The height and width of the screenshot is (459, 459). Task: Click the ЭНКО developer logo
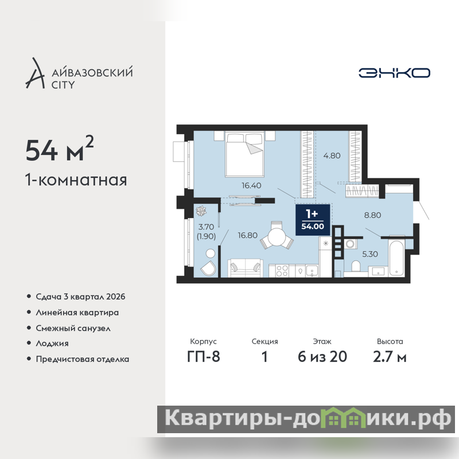click(394, 73)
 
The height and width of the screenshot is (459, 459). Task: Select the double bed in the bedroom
click(245, 154)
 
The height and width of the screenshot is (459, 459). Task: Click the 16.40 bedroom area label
click(251, 185)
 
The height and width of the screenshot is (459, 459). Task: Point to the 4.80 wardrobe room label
click(332, 155)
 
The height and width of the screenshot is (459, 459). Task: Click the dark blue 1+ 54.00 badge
click(313, 220)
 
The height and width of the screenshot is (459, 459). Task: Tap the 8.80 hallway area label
click(372, 215)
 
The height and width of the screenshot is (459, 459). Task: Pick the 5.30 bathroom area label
click(370, 254)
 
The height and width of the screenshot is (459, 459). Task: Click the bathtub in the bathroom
click(396, 258)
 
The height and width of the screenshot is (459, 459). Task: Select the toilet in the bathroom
click(355, 266)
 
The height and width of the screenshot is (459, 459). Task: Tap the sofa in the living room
click(245, 268)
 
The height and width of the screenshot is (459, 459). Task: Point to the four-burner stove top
click(282, 271)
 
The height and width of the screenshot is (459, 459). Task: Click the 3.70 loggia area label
click(206, 227)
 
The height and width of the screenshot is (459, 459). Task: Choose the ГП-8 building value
click(204, 357)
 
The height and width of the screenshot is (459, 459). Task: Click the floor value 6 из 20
click(322, 357)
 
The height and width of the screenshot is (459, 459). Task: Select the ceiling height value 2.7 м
click(390, 357)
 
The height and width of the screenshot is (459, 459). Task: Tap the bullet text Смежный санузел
click(73, 328)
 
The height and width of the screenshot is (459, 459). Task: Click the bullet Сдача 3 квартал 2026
click(80, 297)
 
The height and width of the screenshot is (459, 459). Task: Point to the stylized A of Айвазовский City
click(36, 73)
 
